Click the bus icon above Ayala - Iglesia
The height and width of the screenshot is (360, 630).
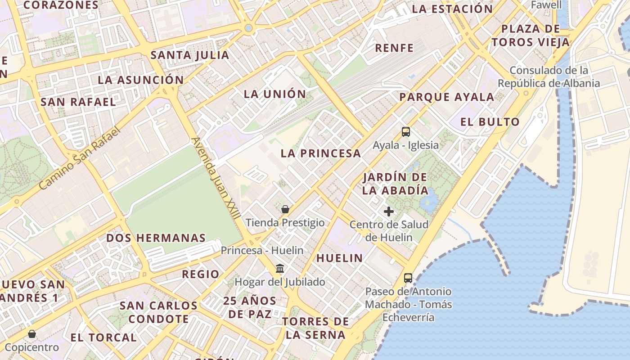406,132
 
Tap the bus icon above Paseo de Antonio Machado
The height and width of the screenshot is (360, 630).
408,278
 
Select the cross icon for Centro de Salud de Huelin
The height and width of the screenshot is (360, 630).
389,211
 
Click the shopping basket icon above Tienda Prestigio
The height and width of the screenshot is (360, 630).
285,209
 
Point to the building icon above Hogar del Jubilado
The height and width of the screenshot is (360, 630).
280,269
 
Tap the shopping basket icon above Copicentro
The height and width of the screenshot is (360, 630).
32,334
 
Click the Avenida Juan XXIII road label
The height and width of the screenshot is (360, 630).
216,179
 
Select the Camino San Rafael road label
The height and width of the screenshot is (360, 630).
80,158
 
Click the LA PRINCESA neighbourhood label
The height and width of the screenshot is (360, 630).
321,153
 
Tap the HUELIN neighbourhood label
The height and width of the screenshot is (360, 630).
339,258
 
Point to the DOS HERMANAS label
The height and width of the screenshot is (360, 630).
156,238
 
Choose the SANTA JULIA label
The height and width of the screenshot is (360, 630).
189,55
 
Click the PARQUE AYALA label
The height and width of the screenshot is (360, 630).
446,97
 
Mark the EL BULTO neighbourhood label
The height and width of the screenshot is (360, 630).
490,122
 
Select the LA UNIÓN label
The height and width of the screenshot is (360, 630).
274,94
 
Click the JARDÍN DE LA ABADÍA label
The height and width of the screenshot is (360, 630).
395,184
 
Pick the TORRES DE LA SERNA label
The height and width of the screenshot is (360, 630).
315,328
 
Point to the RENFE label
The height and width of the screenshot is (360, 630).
394,48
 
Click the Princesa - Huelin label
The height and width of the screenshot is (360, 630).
262,250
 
